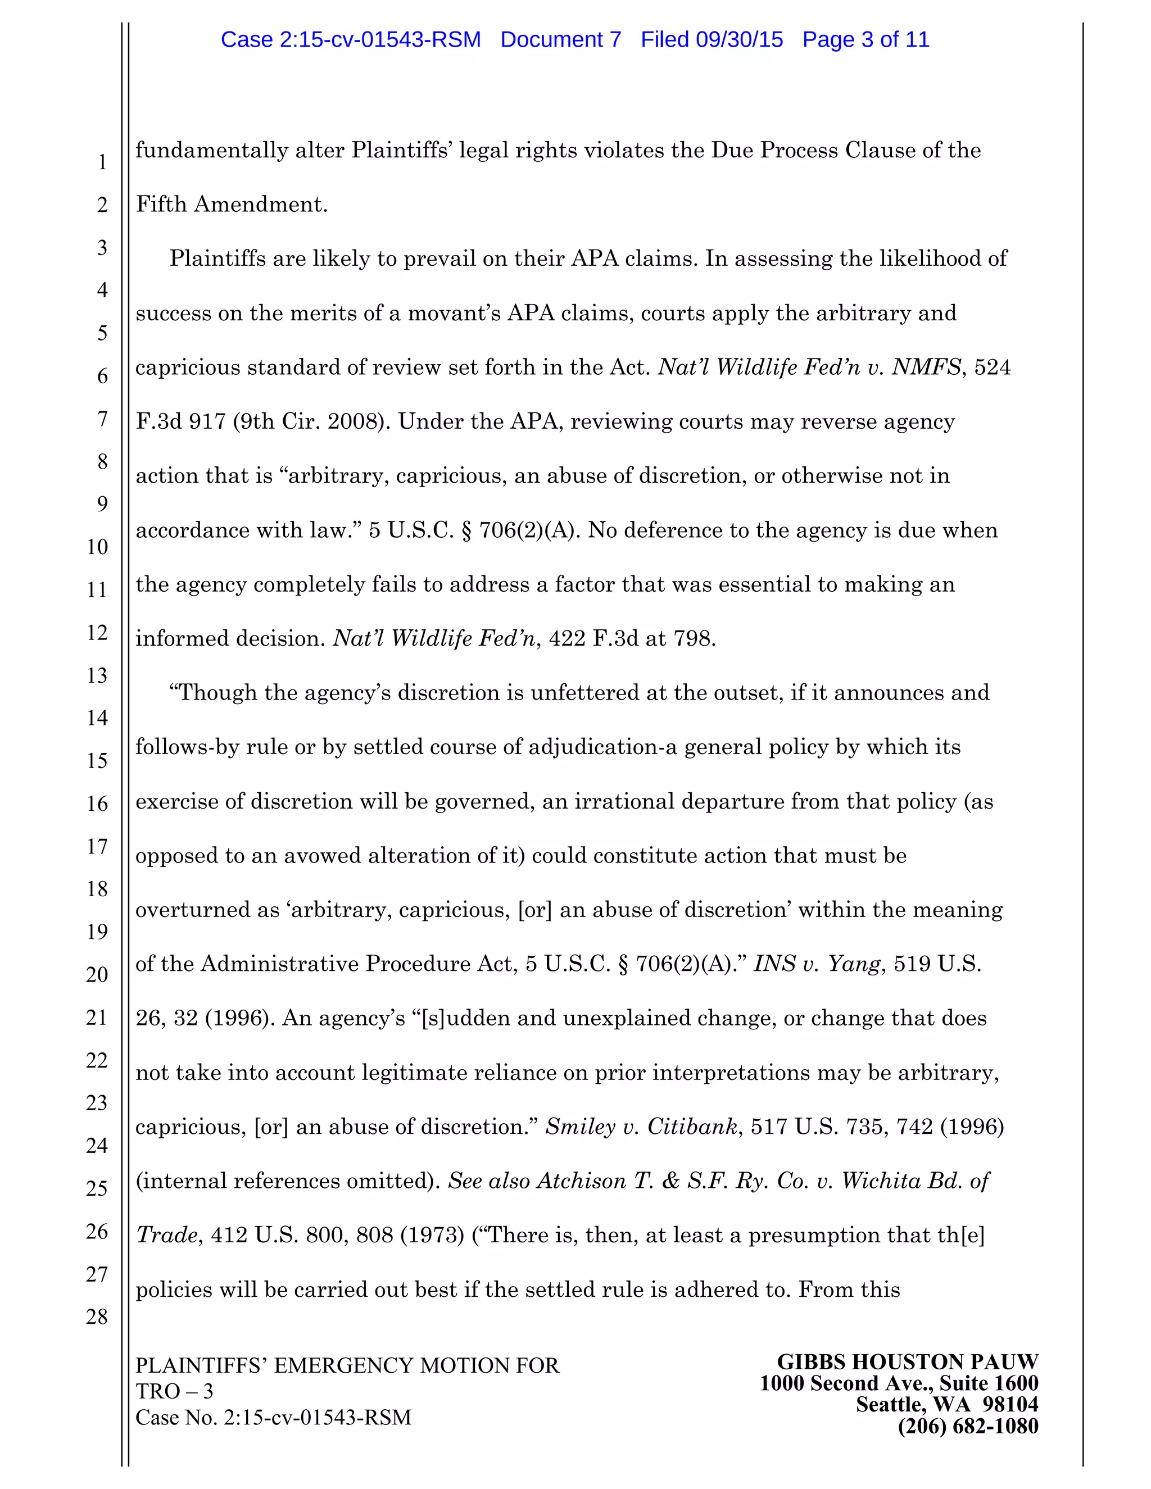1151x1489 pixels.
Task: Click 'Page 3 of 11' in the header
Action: pyautogui.click(x=865, y=39)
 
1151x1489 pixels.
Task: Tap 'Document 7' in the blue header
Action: pyautogui.click(x=560, y=39)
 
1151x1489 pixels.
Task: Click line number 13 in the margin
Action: pyautogui.click(x=97, y=675)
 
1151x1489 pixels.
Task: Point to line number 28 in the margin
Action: pyautogui.click(x=97, y=1317)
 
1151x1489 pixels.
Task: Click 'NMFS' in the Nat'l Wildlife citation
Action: pyautogui.click(x=926, y=367)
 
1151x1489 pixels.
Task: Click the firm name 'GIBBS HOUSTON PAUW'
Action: pyautogui.click(x=907, y=1362)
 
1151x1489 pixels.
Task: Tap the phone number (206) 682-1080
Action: pyautogui.click(x=968, y=1426)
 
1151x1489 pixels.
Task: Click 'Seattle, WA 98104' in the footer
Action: pyautogui.click(x=946, y=1405)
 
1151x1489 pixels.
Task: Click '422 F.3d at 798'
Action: pyautogui.click(x=629, y=639)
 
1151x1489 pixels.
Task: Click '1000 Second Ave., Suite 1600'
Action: pyautogui.click(x=899, y=1383)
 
